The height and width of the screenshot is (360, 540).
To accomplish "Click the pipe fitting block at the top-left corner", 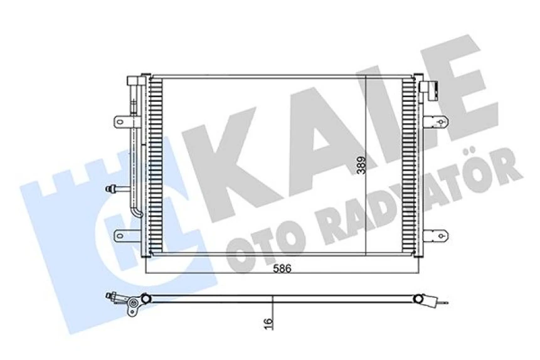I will [135, 82].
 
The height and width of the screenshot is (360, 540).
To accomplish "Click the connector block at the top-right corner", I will [432, 89].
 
